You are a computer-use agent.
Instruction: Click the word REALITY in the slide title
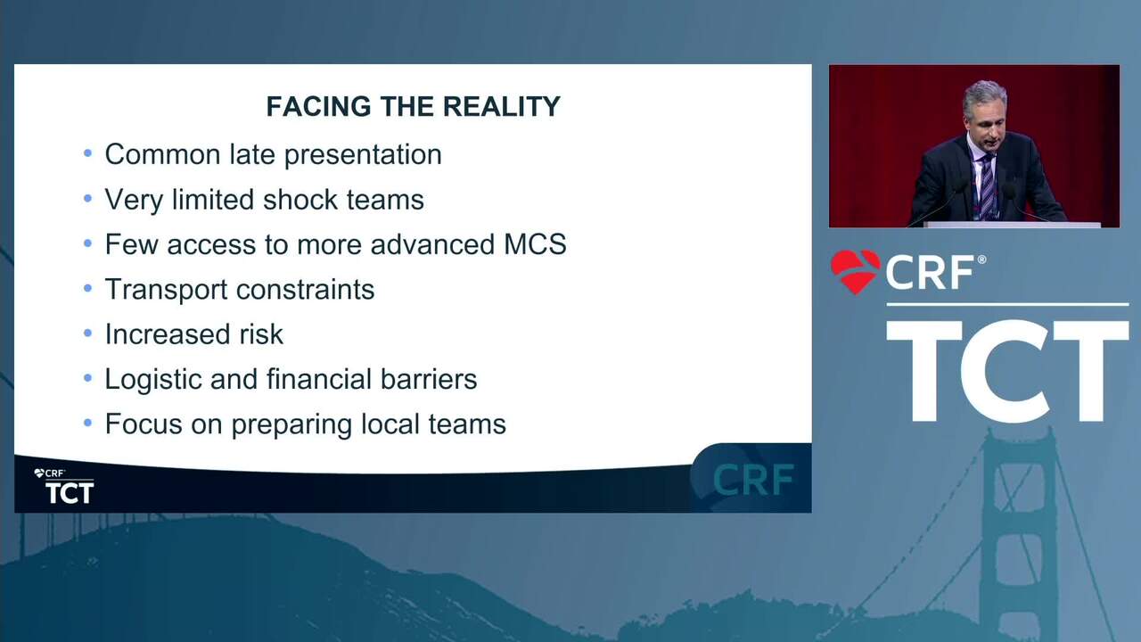[x=501, y=106]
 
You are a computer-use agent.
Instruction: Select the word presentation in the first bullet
[x=363, y=155]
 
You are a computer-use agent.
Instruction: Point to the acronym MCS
[x=535, y=244]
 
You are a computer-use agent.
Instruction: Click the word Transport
[x=166, y=290]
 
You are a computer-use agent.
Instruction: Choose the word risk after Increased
[x=261, y=334]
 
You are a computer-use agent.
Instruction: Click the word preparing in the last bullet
[x=291, y=425]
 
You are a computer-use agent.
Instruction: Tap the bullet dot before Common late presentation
[x=87, y=152]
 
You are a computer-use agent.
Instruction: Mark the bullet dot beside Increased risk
[x=87, y=333]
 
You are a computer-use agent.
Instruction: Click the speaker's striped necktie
[x=987, y=186]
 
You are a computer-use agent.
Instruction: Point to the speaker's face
[x=986, y=125]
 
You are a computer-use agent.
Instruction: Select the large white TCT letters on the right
[x=1007, y=372]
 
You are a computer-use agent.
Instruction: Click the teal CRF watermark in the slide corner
[x=753, y=480]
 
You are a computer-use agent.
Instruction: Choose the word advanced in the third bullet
[x=432, y=244]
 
